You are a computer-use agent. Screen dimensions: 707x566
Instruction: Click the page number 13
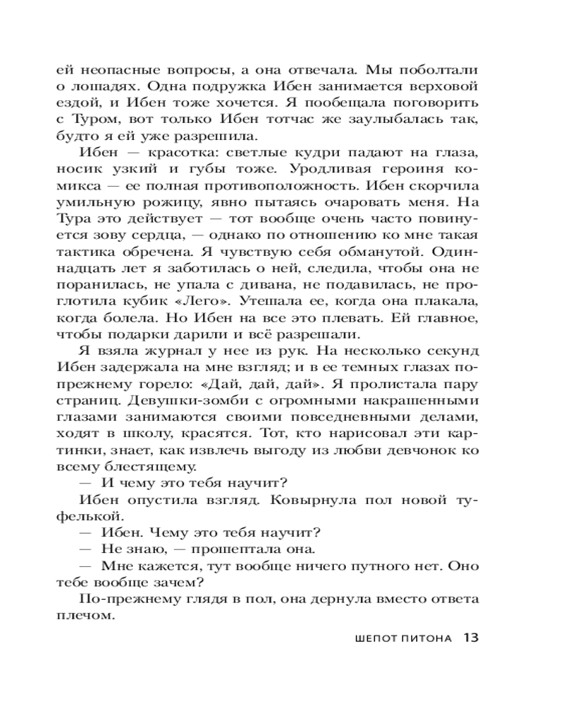point(472,638)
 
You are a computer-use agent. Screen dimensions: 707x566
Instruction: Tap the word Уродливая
point(320,170)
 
